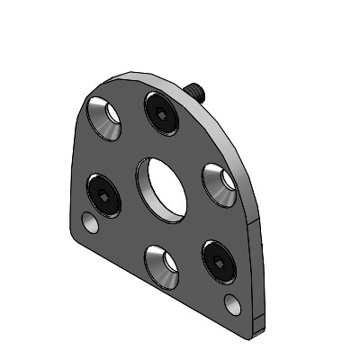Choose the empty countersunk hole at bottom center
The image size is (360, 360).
[x=162, y=266]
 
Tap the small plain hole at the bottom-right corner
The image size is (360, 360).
[x=232, y=301]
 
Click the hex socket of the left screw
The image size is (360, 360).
[x=104, y=196]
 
